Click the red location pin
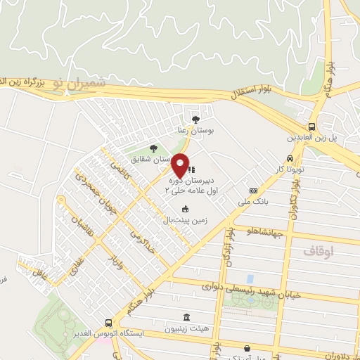181,165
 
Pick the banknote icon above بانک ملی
253,190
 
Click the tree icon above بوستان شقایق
153,148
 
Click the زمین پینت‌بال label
185,219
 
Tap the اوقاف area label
318,250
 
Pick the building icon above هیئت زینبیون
186,317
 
